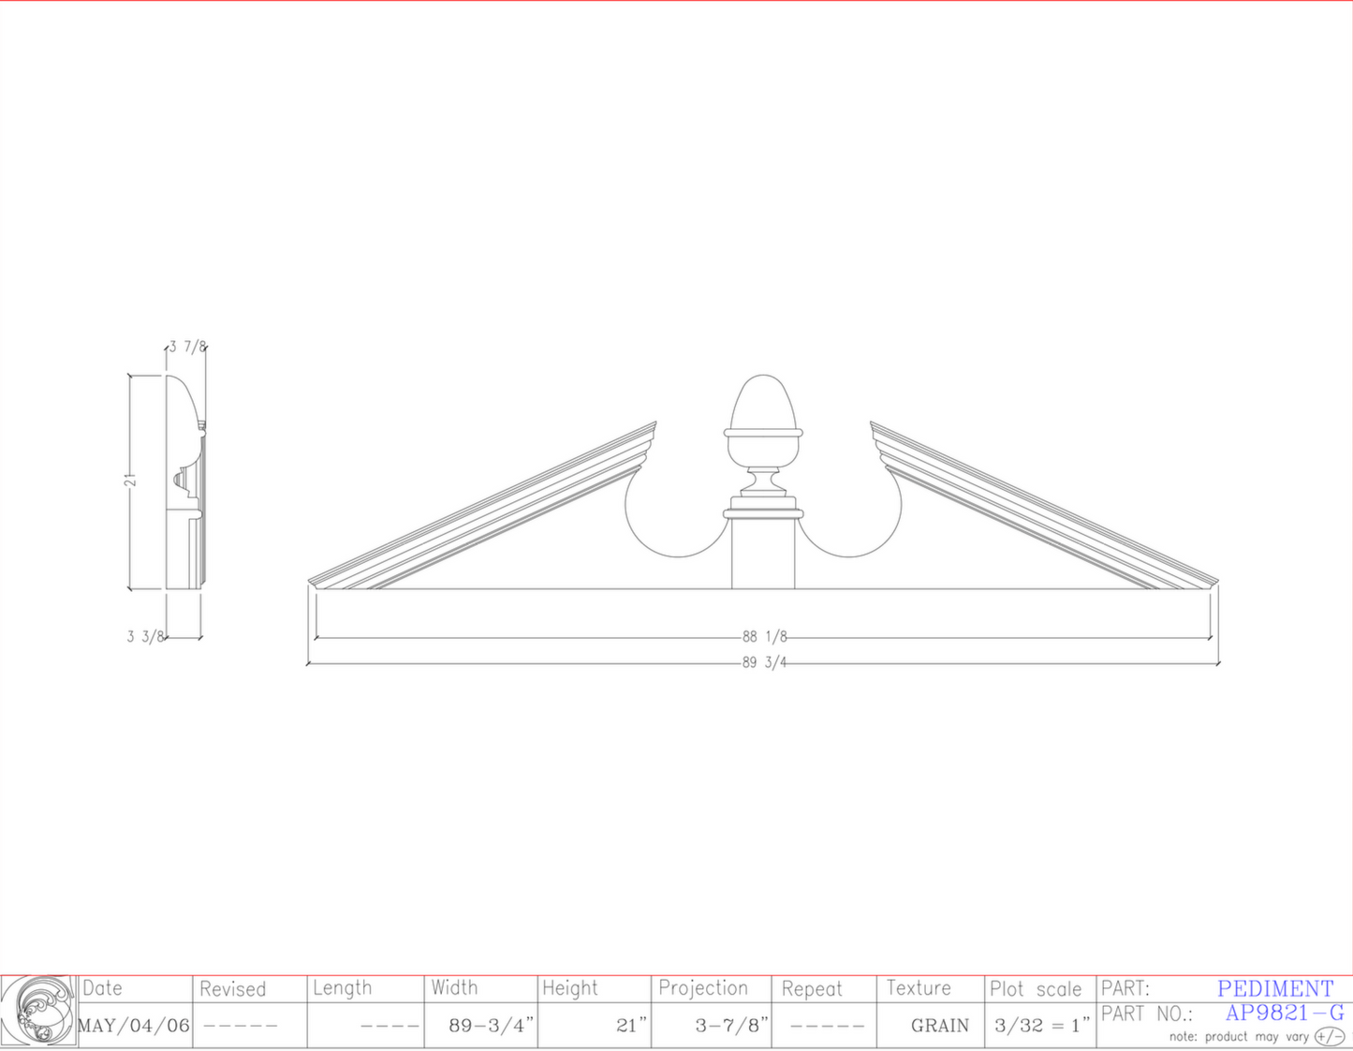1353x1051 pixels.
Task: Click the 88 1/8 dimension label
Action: (x=764, y=637)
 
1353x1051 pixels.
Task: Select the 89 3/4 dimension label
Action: (x=764, y=663)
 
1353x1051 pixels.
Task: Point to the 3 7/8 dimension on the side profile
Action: (x=187, y=347)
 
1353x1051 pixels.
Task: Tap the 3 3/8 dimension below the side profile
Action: (x=145, y=637)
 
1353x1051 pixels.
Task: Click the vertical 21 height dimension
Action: (x=130, y=481)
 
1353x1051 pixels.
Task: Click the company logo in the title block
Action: (x=38, y=1011)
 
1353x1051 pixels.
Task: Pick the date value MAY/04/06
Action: (x=134, y=1026)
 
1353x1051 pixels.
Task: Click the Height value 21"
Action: (x=631, y=1026)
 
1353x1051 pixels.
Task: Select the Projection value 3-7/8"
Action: (x=731, y=1026)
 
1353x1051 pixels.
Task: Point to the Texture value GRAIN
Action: (x=939, y=1026)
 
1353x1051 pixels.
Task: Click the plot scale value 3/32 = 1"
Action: (x=1041, y=1026)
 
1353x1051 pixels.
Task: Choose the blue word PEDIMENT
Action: (x=1274, y=989)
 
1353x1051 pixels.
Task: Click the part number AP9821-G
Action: (x=1284, y=1014)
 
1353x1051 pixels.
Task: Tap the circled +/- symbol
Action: (x=1329, y=1036)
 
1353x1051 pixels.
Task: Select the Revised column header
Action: (x=232, y=989)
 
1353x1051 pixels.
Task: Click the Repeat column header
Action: (x=812, y=989)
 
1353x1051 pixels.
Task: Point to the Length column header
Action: (x=342, y=988)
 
